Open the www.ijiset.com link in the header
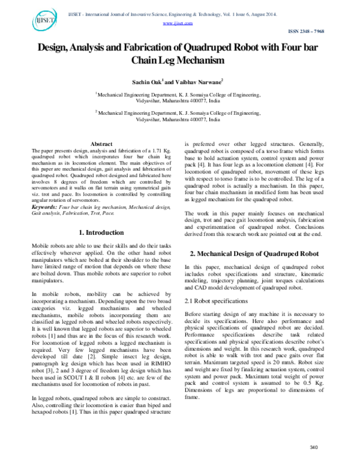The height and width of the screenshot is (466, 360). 178,23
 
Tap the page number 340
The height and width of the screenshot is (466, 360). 313,448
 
